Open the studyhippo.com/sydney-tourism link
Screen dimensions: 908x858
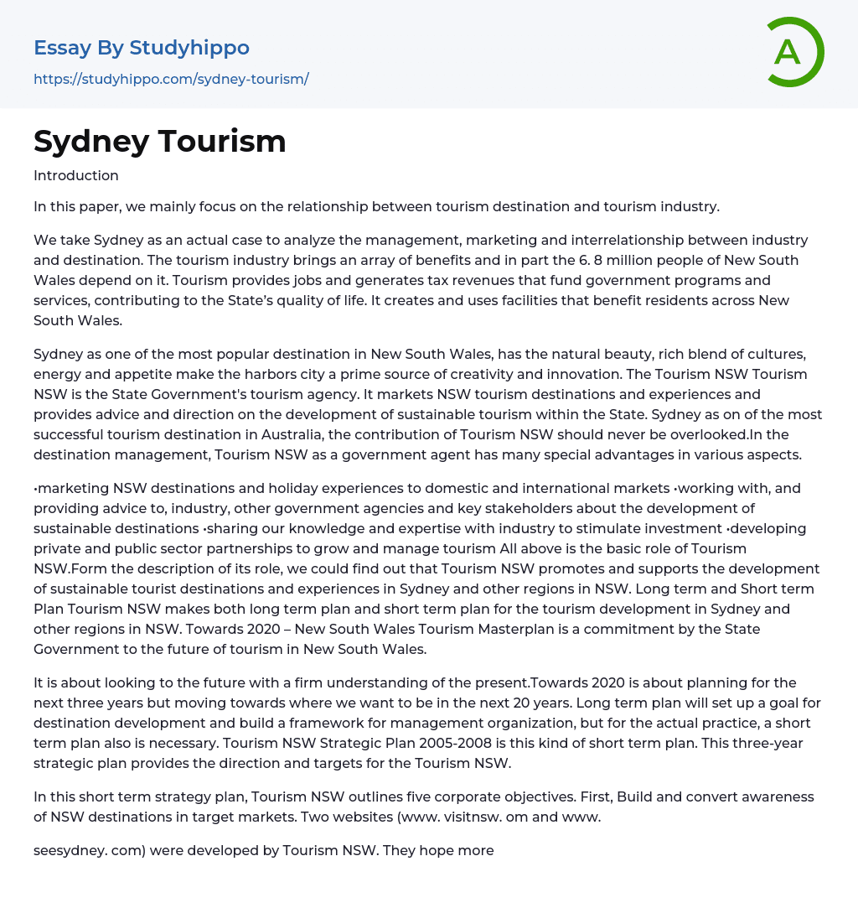pyautogui.click(x=171, y=79)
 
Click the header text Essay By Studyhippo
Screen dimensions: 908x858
pyautogui.click(x=142, y=48)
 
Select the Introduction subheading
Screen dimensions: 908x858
pyautogui.click(x=76, y=175)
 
